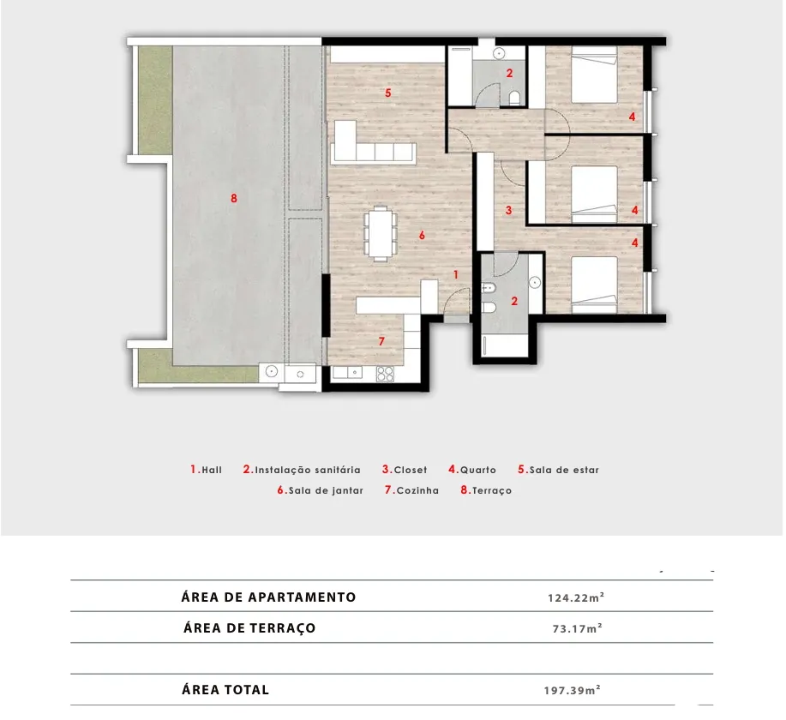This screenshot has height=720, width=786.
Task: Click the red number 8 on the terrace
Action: [234, 199]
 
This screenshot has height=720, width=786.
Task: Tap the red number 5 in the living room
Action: [388, 93]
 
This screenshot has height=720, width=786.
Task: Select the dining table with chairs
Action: [381, 234]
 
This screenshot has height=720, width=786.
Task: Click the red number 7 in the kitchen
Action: [381, 341]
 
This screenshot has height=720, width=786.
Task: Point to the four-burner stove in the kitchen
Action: [385, 374]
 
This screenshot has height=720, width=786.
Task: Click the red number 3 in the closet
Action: [509, 210]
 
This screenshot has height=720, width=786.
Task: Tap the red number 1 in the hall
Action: [456, 275]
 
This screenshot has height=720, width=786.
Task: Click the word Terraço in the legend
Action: [492, 491]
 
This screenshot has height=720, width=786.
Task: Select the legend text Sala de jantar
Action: [326, 491]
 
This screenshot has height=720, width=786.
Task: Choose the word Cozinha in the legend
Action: [417, 491]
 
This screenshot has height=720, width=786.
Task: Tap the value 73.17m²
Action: [578, 628]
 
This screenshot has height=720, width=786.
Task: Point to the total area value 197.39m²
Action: [573, 690]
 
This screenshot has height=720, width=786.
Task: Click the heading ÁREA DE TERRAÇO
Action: [249, 627]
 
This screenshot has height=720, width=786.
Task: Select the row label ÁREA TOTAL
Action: [225, 689]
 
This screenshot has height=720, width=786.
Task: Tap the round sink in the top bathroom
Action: [499, 53]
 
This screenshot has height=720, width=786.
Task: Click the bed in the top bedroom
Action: [594, 75]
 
